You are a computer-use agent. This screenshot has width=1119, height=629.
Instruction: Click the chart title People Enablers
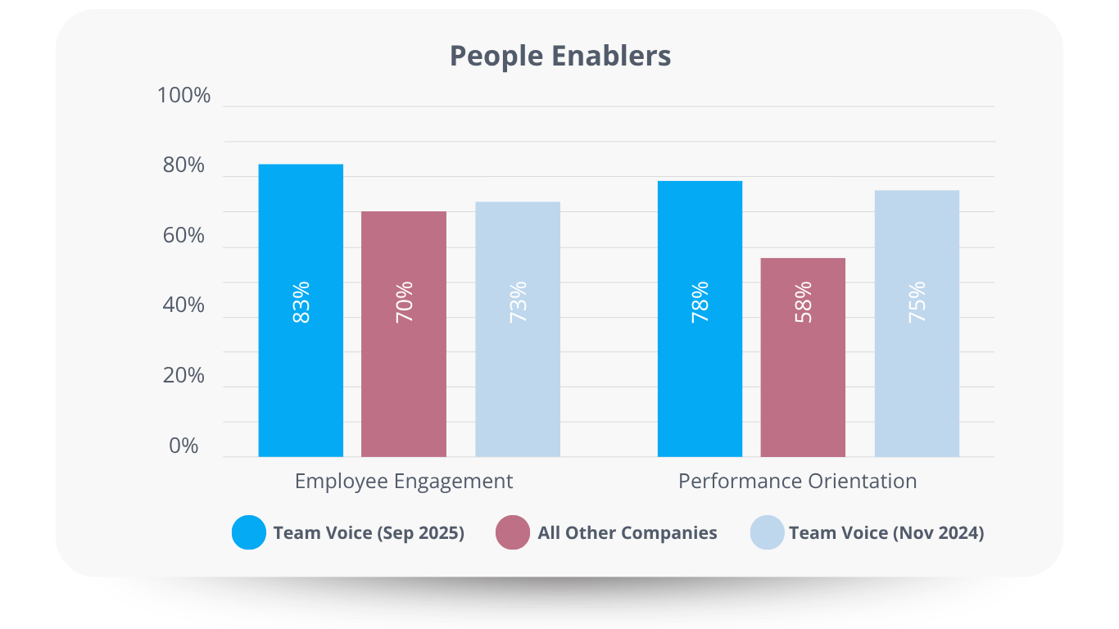(560, 56)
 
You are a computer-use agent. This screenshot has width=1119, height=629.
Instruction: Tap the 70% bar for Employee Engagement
(404, 377)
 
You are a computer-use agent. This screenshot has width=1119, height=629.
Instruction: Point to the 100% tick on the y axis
(183, 96)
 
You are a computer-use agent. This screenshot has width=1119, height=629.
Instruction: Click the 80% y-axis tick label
(183, 165)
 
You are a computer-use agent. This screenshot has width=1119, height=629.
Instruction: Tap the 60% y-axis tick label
(183, 236)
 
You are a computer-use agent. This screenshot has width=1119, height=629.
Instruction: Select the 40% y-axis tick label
(183, 305)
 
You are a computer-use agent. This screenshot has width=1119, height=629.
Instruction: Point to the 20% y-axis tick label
(183, 376)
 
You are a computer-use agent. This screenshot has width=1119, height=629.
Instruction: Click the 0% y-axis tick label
(184, 446)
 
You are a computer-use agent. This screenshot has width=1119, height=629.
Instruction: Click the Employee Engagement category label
(404, 481)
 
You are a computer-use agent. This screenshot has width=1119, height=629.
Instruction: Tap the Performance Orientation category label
(797, 481)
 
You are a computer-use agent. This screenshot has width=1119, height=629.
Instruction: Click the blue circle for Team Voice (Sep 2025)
(249, 532)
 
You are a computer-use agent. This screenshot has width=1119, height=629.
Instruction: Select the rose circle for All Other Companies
(513, 532)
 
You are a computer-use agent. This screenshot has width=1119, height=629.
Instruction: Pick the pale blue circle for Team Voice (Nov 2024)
(768, 532)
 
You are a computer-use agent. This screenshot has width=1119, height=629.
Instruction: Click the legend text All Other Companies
(627, 533)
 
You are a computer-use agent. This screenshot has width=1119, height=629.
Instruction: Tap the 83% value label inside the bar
(301, 302)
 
